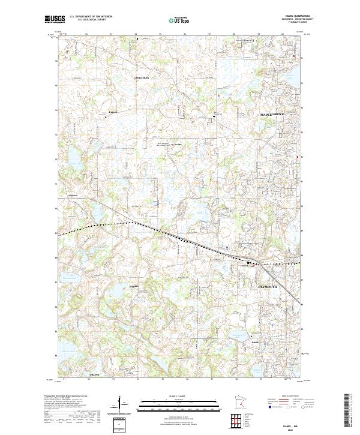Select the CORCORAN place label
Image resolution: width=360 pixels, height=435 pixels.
(x=141, y=79)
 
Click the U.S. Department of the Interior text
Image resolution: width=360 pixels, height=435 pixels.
(x=90, y=17)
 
